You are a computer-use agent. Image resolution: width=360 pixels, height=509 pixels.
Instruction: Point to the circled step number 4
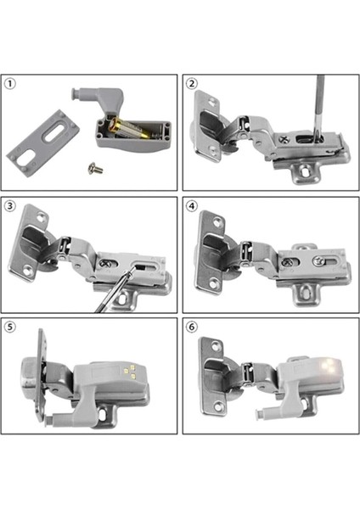(x=193, y=206)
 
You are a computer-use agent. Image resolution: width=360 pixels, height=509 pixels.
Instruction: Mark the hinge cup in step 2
(x=208, y=127)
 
